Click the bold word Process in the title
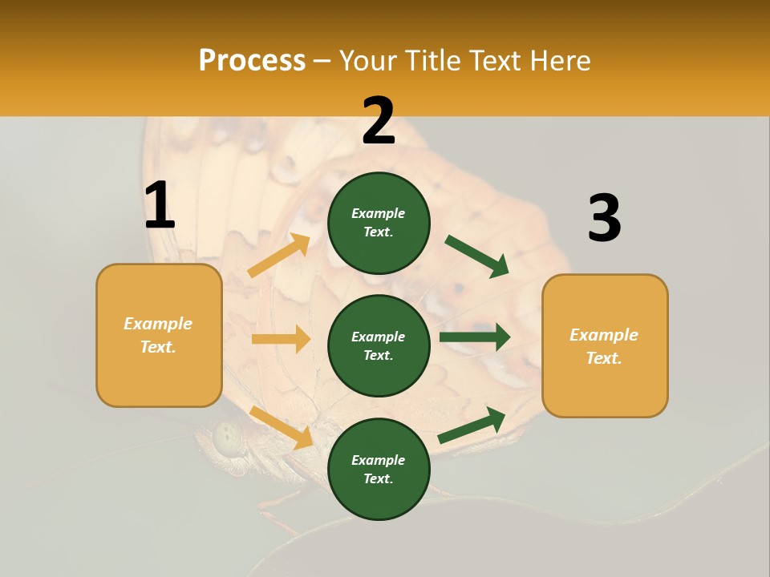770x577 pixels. tap(252, 61)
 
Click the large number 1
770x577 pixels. tap(160, 205)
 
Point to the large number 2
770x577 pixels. tap(379, 121)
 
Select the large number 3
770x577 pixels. tap(604, 218)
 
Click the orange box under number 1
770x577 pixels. tap(159, 335)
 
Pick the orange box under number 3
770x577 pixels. tap(605, 345)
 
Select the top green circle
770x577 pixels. tap(379, 223)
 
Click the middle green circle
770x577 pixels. tap(379, 345)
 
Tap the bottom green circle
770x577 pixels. tap(379, 469)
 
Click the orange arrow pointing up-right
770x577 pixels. tap(279, 256)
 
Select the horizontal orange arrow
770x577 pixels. tap(281, 339)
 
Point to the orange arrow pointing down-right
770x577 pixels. tap(282, 427)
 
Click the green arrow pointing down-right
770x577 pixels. tap(476, 256)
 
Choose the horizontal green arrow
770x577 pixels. tap(474, 337)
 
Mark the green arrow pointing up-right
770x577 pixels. tap(472, 426)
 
